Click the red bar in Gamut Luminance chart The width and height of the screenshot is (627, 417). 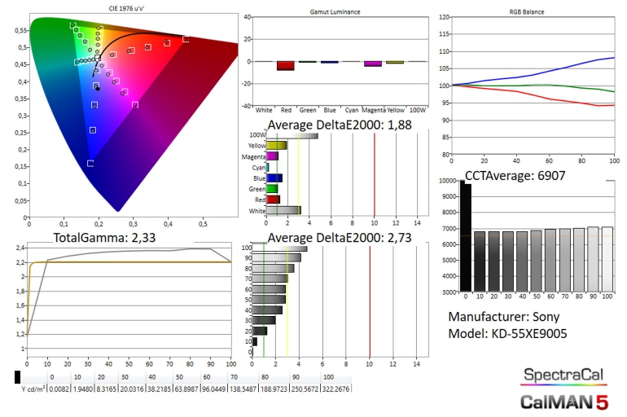[x=285, y=66]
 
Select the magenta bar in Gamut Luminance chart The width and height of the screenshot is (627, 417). [x=373, y=64]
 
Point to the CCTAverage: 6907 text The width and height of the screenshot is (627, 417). [x=515, y=175]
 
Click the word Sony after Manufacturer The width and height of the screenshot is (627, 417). [x=549, y=317]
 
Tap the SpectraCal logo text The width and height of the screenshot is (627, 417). [x=563, y=375]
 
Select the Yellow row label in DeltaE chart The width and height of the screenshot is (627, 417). [x=256, y=145]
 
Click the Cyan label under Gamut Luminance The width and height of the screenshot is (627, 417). [x=352, y=109]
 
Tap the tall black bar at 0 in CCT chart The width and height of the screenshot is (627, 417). [x=465, y=236]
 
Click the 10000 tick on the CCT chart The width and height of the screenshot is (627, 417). [x=448, y=181]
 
